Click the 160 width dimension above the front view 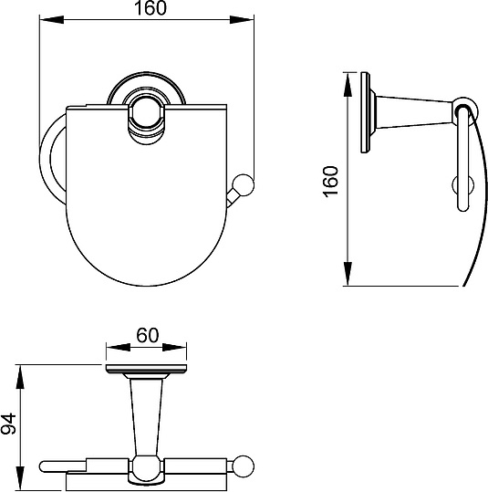(x=151, y=8)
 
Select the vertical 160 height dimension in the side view (x=331, y=182)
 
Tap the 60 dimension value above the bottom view (x=148, y=335)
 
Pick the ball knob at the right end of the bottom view (x=244, y=466)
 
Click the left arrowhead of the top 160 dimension (x=52, y=19)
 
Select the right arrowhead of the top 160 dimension (x=242, y=19)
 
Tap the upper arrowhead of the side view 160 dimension (x=348, y=84)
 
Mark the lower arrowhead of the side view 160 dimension (x=348, y=274)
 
